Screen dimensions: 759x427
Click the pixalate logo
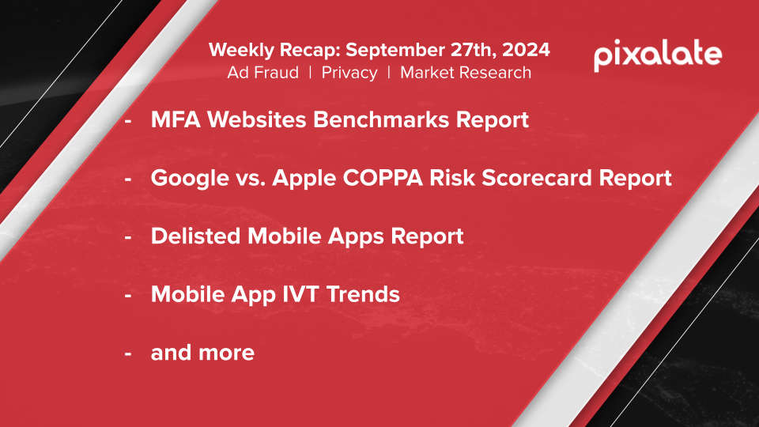(657, 55)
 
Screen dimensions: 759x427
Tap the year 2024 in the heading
(526, 50)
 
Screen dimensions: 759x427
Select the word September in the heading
(395, 51)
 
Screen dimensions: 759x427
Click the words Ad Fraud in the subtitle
(262, 73)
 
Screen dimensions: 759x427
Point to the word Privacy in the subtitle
(349, 73)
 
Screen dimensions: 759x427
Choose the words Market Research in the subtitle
(466, 73)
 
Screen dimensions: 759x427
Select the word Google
(190, 178)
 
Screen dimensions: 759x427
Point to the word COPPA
(383, 178)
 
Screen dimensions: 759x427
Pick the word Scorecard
(536, 178)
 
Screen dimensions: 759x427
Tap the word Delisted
(195, 236)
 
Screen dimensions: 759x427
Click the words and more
(202, 353)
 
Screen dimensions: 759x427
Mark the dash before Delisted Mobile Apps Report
(128, 237)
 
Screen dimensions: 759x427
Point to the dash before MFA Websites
(128, 121)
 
